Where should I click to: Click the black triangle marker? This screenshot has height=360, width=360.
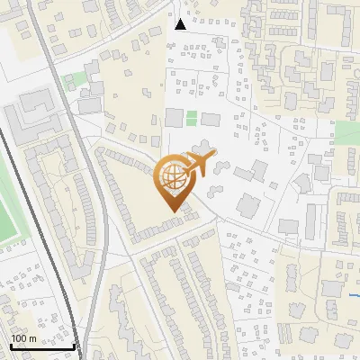(x=181, y=23)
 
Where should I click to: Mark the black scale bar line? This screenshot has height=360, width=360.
(x=41, y=346)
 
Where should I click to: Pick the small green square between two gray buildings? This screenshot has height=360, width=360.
(x=191, y=118)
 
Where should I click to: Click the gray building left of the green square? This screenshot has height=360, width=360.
(x=174, y=118)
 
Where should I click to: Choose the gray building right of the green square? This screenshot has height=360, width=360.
(x=210, y=119)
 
